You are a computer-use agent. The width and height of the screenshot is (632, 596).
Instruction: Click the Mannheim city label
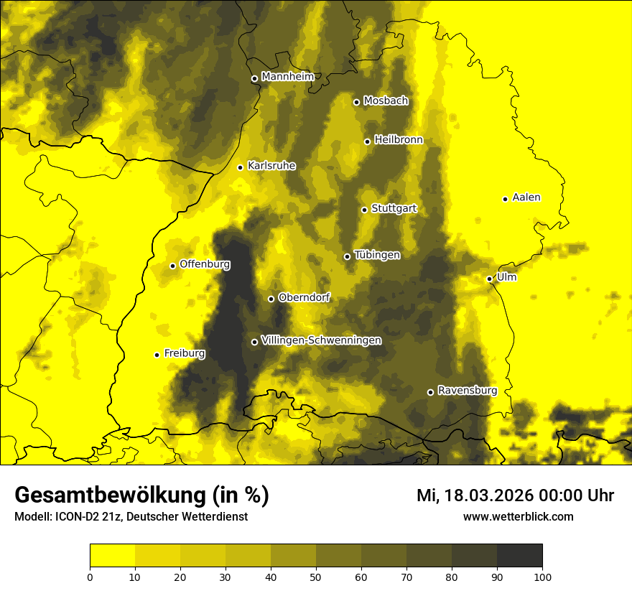288,77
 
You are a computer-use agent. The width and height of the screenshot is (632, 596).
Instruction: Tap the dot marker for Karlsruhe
240,167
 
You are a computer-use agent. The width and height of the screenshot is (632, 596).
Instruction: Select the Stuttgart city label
394,209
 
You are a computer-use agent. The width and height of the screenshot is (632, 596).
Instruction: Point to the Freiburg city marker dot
157,355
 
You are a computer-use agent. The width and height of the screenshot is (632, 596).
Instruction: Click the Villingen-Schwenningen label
321,340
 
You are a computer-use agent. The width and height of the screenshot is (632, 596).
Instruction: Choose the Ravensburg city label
468,391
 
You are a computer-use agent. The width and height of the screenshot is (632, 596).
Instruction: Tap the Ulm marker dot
489,279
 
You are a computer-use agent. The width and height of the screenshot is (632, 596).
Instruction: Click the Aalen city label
526,197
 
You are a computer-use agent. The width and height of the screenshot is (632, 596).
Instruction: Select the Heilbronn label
399,140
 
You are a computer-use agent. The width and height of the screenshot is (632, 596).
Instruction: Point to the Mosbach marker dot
356,102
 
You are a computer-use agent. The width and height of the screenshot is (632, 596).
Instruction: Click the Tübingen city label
377,255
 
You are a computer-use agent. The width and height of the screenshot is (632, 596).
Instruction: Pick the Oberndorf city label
304,297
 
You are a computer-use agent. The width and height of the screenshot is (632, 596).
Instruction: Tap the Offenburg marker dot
172,266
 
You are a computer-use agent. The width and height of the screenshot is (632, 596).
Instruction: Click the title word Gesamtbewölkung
110,495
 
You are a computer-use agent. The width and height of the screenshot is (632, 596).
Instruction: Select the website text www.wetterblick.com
518,517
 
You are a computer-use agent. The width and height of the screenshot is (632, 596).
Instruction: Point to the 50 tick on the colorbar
316,576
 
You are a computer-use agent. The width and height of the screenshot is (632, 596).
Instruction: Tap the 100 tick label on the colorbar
542,576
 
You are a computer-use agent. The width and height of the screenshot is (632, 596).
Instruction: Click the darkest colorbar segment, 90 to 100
519,556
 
